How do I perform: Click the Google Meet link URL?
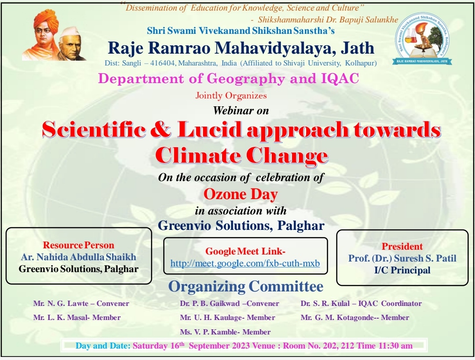(x=245, y=263)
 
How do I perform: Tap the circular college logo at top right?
(x=423, y=38)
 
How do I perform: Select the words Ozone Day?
(x=241, y=194)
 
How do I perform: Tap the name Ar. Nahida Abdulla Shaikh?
(x=79, y=257)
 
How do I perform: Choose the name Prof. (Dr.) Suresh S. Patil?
(x=402, y=258)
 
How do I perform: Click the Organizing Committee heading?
(x=246, y=287)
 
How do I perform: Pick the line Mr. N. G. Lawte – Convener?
(x=81, y=303)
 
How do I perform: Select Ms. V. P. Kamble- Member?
(x=225, y=332)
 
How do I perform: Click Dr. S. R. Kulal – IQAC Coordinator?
(x=361, y=303)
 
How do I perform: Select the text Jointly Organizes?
(x=231, y=96)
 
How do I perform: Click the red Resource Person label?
(x=78, y=245)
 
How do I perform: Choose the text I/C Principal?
(x=402, y=270)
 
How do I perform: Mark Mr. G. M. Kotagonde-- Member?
(x=355, y=318)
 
